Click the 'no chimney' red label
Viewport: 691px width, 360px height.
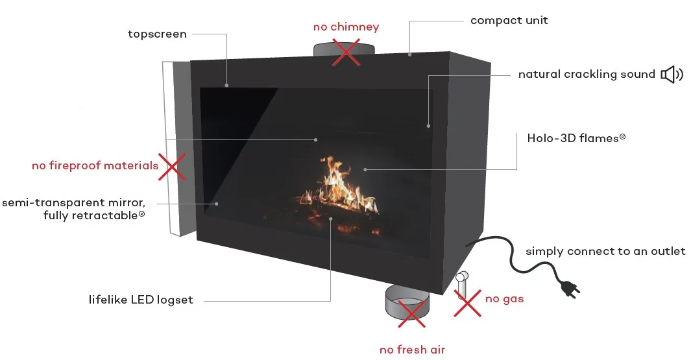346,27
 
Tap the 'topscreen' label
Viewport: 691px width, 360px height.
157,34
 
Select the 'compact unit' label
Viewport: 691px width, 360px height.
509,21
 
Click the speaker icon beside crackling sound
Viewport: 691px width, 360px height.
672,75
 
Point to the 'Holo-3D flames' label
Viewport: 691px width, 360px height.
576,138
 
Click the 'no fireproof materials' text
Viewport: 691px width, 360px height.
95,165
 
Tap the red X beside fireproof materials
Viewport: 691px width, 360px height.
172,167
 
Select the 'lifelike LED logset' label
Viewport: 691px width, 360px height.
141,300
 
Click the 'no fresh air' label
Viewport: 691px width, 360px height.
412,350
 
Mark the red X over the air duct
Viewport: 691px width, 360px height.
411,314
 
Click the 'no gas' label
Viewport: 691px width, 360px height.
504,299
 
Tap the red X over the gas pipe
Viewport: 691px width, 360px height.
468,303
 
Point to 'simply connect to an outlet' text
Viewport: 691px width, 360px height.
605,251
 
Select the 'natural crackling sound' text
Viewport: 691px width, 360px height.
587,74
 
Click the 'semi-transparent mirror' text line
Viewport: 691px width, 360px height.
73,202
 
